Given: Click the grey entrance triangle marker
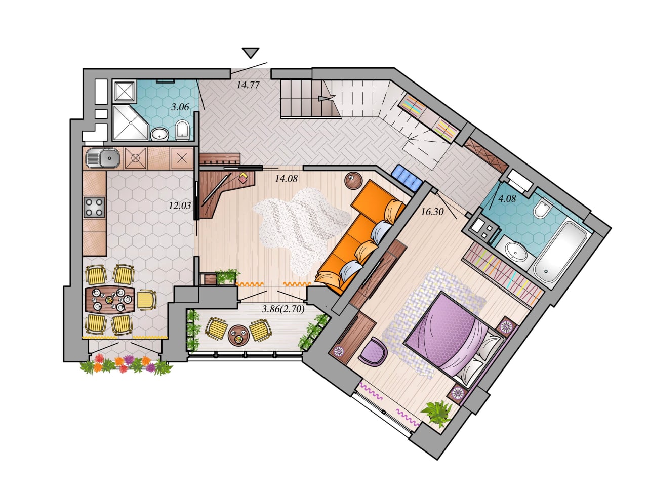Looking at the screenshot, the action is (251, 52).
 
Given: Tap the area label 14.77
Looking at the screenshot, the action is (248, 85).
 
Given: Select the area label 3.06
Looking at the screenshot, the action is (180, 107).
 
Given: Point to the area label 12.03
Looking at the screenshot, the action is (180, 206).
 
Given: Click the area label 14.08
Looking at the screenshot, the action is (286, 178).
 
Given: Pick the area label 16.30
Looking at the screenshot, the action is (432, 212).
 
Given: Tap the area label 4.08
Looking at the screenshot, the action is (507, 198).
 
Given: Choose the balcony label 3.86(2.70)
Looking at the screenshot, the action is (283, 309).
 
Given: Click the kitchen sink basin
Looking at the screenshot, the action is (103, 158).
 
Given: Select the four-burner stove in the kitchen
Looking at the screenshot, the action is (94, 208).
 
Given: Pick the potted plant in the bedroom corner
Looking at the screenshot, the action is (437, 414).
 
